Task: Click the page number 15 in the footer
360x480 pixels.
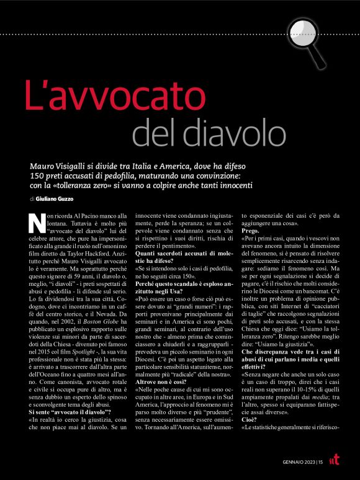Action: pyautogui.click(x=319, y=461)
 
